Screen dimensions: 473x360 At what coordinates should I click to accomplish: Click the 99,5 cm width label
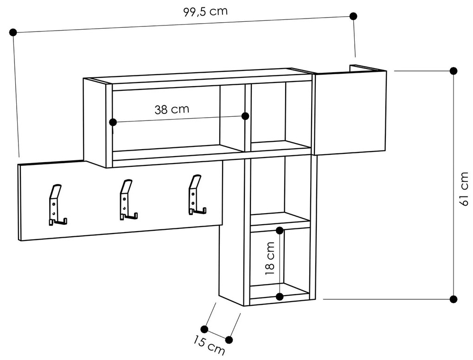click(x=205, y=12)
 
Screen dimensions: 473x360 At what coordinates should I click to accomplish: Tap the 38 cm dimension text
click(x=172, y=109)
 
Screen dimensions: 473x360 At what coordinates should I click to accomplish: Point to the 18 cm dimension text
click(x=270, y=259)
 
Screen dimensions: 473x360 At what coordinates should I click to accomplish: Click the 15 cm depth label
click(x=209, y=345)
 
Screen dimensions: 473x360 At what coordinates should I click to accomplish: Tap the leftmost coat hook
click(x=57, y=204)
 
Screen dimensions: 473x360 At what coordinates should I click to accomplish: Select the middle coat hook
click(x=128, y=199)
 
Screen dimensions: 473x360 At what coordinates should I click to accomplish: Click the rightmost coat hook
click(x=197, y=195)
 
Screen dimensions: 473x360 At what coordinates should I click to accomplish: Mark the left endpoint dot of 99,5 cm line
click(x=13, y=32)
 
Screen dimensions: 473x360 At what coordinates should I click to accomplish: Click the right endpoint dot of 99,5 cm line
click(x=353, y=16)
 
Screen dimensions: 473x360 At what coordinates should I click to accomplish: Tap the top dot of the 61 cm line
click(x=453, y=71)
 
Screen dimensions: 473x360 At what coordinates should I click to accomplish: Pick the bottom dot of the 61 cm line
click(x=453, y=299)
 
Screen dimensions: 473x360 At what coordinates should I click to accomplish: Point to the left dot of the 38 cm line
click(x=113, y=122)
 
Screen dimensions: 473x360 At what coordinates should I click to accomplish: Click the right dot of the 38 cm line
click(x=245, y=116)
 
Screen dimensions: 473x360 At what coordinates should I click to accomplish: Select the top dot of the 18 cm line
click(x=280, y=231)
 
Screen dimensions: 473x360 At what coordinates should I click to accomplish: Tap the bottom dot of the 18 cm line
click(x=280, y=297)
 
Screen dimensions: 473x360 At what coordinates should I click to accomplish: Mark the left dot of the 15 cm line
click(x=204, y=329)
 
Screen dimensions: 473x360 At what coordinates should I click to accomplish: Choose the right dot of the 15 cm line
click(x=229, y=340)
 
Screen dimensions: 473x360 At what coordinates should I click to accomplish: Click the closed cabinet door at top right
click(x=350, y=112)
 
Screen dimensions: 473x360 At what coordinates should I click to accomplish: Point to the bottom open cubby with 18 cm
click(x=280, y=263)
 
